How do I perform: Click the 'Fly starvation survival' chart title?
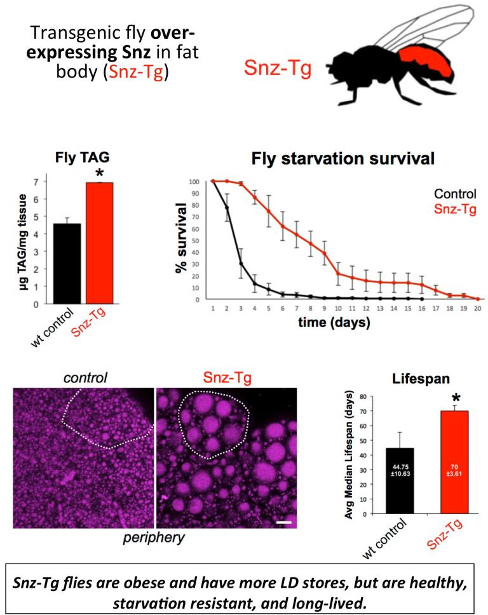coord(343,159)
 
